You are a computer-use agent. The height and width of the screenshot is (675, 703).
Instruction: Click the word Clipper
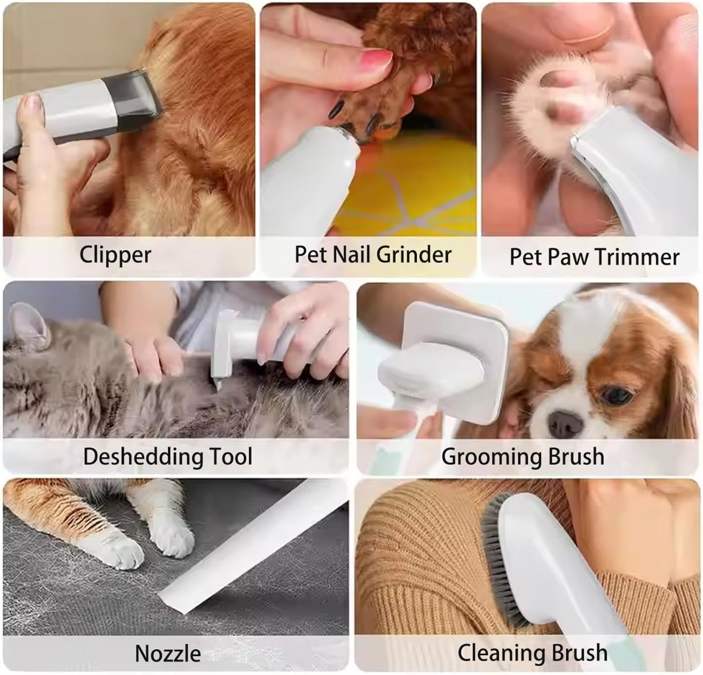[115, 255]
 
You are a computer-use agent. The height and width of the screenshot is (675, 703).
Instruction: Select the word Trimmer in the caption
[637, 257]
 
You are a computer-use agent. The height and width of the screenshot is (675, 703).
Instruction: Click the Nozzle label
[167, 654]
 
